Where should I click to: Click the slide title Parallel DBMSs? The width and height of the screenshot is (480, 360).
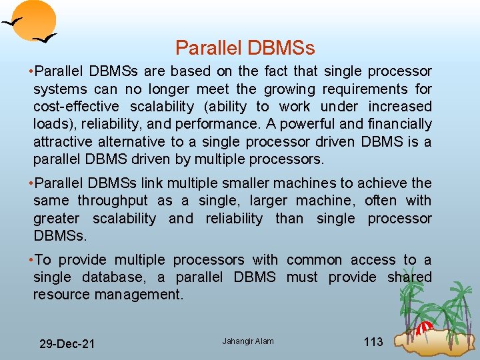245,48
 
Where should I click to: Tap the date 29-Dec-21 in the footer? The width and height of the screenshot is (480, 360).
67,344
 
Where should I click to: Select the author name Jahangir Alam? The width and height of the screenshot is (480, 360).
248,341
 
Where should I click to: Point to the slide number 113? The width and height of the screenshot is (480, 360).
373,342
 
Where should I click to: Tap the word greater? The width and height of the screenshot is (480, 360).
56,219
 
